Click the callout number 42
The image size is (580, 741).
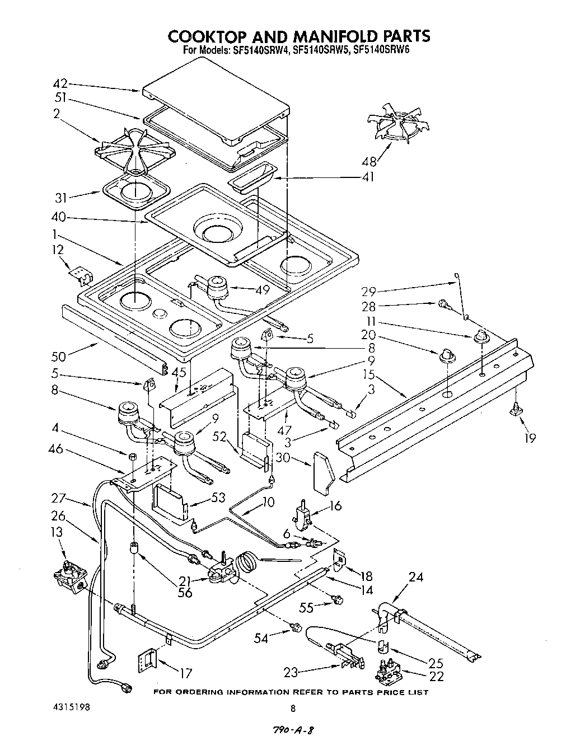60,84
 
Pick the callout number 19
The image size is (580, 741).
530,438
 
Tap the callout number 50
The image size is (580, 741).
59,357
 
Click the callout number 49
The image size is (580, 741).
262,290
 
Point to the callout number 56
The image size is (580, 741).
185,593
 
